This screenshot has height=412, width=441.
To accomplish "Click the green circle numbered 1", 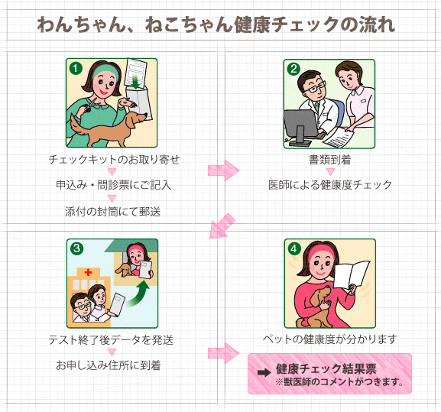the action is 76,68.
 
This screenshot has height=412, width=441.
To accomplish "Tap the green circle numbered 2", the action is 293,69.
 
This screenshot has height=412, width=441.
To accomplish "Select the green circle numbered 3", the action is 76,248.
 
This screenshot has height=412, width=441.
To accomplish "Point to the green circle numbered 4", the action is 294,249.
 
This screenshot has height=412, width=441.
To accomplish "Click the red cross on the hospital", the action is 89,272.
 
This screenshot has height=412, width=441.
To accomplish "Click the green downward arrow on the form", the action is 136,82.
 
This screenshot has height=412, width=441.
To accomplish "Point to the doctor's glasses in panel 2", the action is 314,86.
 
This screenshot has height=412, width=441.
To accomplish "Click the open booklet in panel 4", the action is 352,275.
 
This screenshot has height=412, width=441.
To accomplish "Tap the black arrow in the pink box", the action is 264,372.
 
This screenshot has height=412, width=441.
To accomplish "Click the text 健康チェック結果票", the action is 326,368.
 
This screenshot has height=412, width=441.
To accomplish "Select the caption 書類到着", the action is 330,160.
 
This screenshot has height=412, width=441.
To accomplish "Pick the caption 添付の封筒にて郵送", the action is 112,212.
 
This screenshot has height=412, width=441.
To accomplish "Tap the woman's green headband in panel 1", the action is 105,70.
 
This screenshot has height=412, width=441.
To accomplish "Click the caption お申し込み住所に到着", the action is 109,365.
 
